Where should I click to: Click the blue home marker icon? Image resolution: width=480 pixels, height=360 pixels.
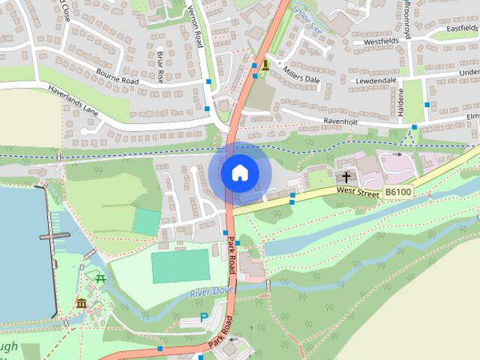(239, 172)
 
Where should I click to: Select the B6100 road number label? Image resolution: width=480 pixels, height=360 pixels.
(398, 193)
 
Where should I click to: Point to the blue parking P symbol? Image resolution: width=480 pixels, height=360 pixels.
(204, 318)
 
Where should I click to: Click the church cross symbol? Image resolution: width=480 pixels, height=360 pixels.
(346, 178)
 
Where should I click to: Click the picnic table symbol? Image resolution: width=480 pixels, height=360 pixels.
(100, 277)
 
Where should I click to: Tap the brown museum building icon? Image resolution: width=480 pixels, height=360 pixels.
(81, 304)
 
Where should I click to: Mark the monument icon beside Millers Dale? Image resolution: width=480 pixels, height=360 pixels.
(264, 65)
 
